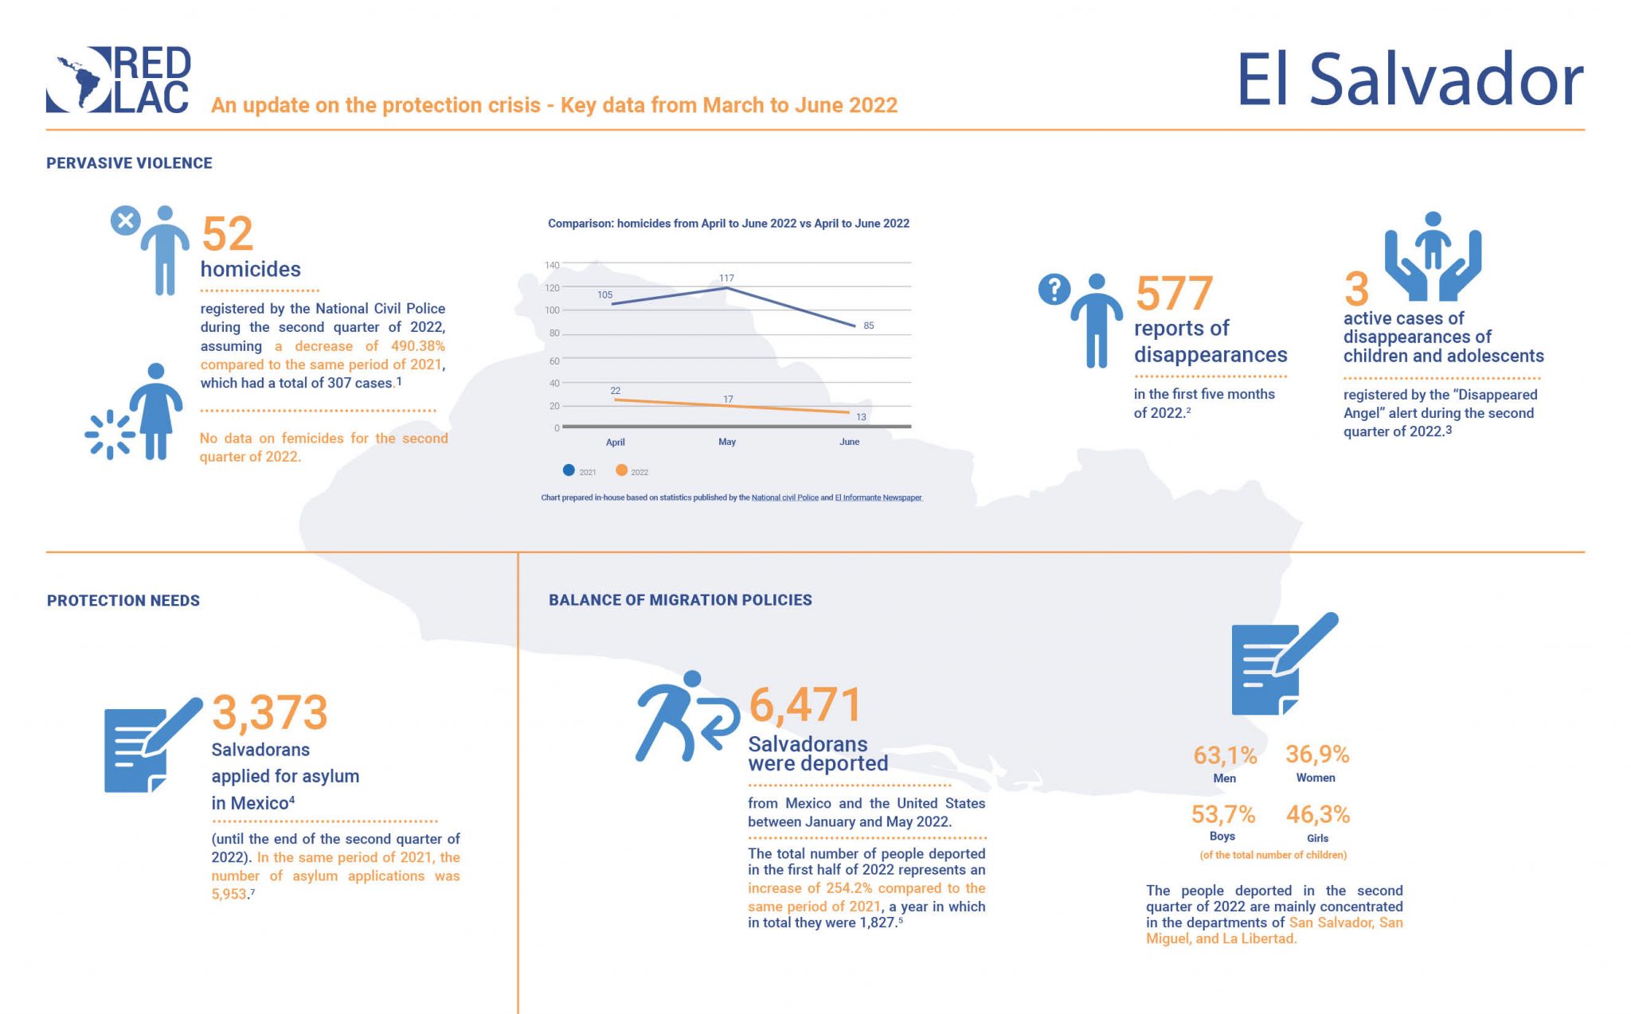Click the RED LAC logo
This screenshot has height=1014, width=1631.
click(118, 80)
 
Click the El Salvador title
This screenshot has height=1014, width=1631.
click(1409, 80)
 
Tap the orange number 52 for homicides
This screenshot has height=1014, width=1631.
click(227, 234)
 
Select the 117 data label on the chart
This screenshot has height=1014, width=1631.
click(726, 278)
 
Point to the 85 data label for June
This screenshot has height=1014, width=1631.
click(868, 326)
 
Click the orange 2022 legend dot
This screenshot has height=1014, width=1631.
click(621, 470)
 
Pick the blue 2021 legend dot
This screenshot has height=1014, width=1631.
click(569, 470)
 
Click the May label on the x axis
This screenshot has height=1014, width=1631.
click(726, 442)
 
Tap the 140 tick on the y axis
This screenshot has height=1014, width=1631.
click(552, 265)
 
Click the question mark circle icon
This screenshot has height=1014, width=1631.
click(1054, 290)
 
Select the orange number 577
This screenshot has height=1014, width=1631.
click(1174, 294)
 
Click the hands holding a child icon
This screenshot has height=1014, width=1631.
click(1432, 255)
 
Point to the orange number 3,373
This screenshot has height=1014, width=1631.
click(269, 712)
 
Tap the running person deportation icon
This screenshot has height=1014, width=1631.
click(685, 716)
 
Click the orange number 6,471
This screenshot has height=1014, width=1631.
click(804, 705)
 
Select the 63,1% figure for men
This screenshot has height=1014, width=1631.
click(1224, 755)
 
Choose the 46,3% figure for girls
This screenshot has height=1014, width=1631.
click(1317, 814)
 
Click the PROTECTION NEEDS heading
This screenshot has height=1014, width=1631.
click(123, 601)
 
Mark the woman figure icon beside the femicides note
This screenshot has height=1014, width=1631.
click(155, 411)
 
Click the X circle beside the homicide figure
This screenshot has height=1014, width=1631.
click(125, 220)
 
